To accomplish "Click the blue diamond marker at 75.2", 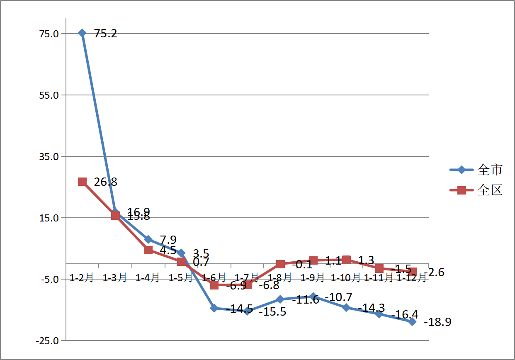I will [x=82, y=33].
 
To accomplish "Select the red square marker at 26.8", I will [x=82, y=182].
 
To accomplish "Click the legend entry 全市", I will [x=490, y=170].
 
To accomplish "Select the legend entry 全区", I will [x=490, y=190].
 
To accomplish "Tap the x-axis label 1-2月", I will [x=82, y=277].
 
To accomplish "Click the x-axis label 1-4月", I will [x=148, y=277].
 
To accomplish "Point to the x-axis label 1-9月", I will [x=313, y=277].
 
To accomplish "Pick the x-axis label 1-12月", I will [x=411, y=277].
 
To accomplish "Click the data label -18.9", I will [x=437, y=322].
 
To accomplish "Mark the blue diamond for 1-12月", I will [x=412, y=322].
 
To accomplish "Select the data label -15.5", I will [x=272, y=311].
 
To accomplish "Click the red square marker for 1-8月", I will [x=280, y=264].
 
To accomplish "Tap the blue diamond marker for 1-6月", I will [x=214, y=308].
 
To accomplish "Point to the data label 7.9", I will [x=168, y=240].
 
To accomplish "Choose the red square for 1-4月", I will [x=148, y=250].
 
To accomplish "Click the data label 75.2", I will [x=106, y=34].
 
